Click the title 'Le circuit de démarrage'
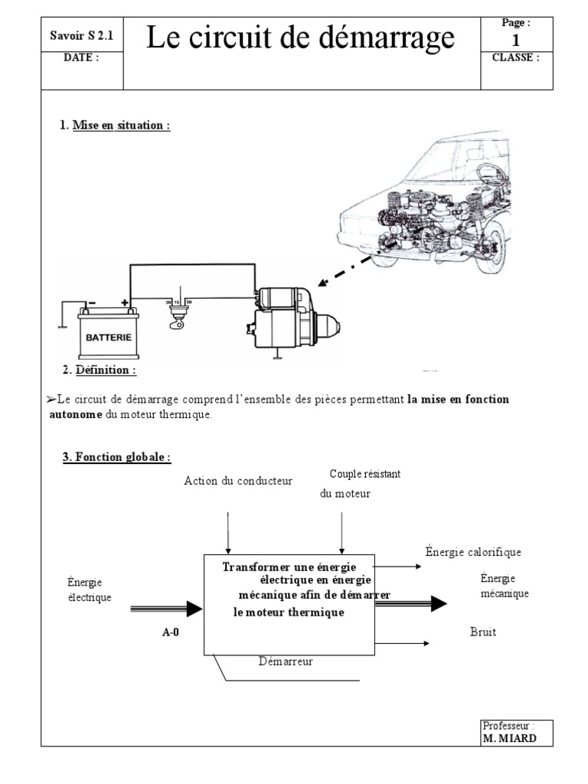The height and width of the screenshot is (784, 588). [x=299, y=38]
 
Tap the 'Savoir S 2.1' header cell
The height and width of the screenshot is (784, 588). [x=80, y=35]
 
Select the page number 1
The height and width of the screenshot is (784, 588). [x=515, y=39]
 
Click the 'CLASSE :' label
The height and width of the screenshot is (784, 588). [x=515, y=57]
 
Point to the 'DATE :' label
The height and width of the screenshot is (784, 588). [x=80, y=57]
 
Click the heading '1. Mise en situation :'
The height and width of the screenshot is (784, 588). [x=115, y=126]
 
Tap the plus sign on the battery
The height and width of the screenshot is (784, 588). [x=125, y=302]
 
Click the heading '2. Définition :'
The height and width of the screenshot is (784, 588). [x=100, y=371]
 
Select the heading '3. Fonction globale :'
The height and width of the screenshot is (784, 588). [x=116, y=458]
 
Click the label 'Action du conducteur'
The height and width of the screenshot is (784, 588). [x=238, y=481]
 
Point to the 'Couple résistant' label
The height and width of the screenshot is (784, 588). [x=365, y=475]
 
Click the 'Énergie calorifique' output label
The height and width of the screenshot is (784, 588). [x=473, y=552]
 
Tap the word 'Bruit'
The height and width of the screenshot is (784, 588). [x=483, y=633]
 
